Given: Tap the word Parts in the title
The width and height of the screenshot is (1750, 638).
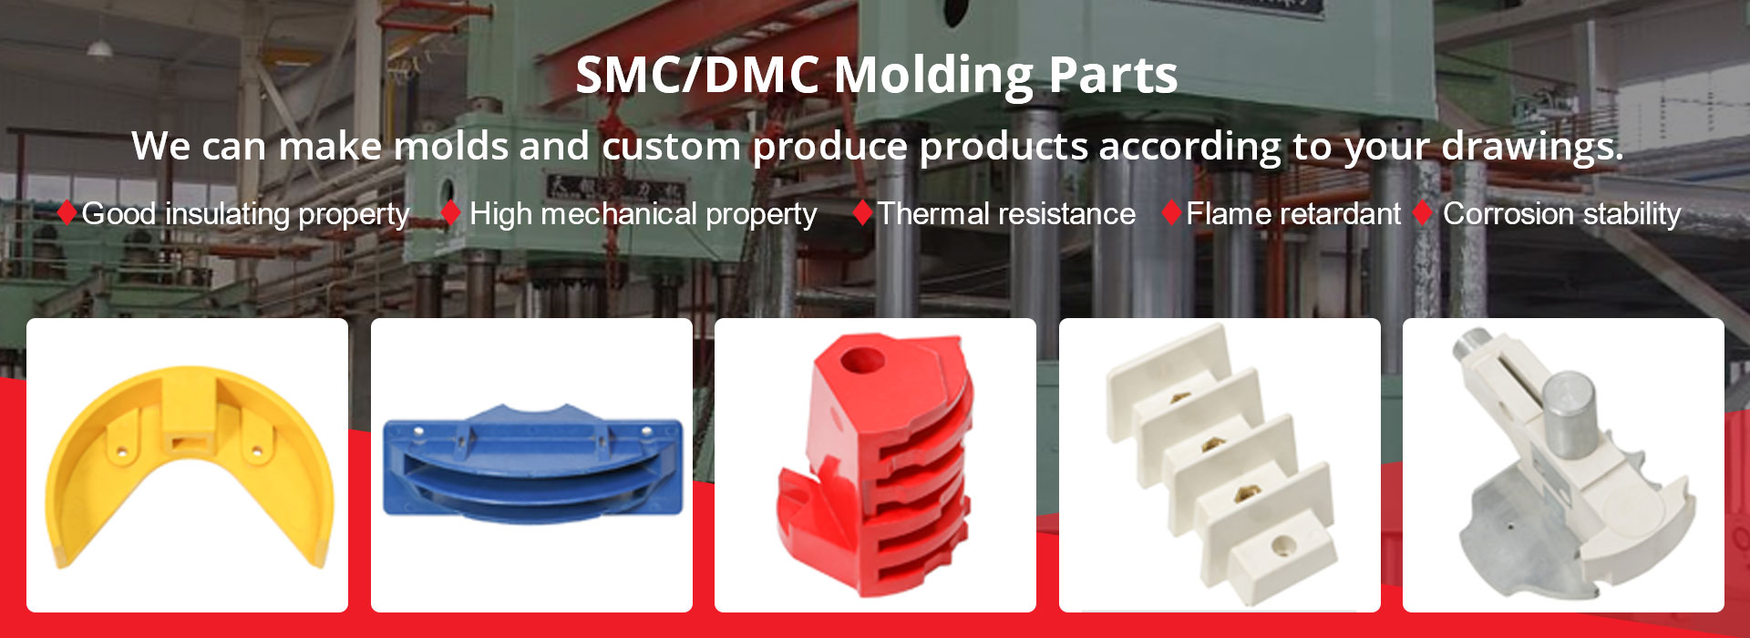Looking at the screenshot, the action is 1113,75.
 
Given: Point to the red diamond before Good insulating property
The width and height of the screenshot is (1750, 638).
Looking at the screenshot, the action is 67,212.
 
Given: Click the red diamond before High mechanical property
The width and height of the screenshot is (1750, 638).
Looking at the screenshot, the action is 450,213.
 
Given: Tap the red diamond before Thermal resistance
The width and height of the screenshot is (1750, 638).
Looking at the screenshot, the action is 862,213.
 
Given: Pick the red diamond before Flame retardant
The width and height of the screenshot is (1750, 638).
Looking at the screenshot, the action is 1172,213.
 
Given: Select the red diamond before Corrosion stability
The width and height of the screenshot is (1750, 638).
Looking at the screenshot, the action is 1422,213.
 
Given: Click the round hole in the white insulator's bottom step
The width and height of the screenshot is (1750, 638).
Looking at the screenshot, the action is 1284,546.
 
